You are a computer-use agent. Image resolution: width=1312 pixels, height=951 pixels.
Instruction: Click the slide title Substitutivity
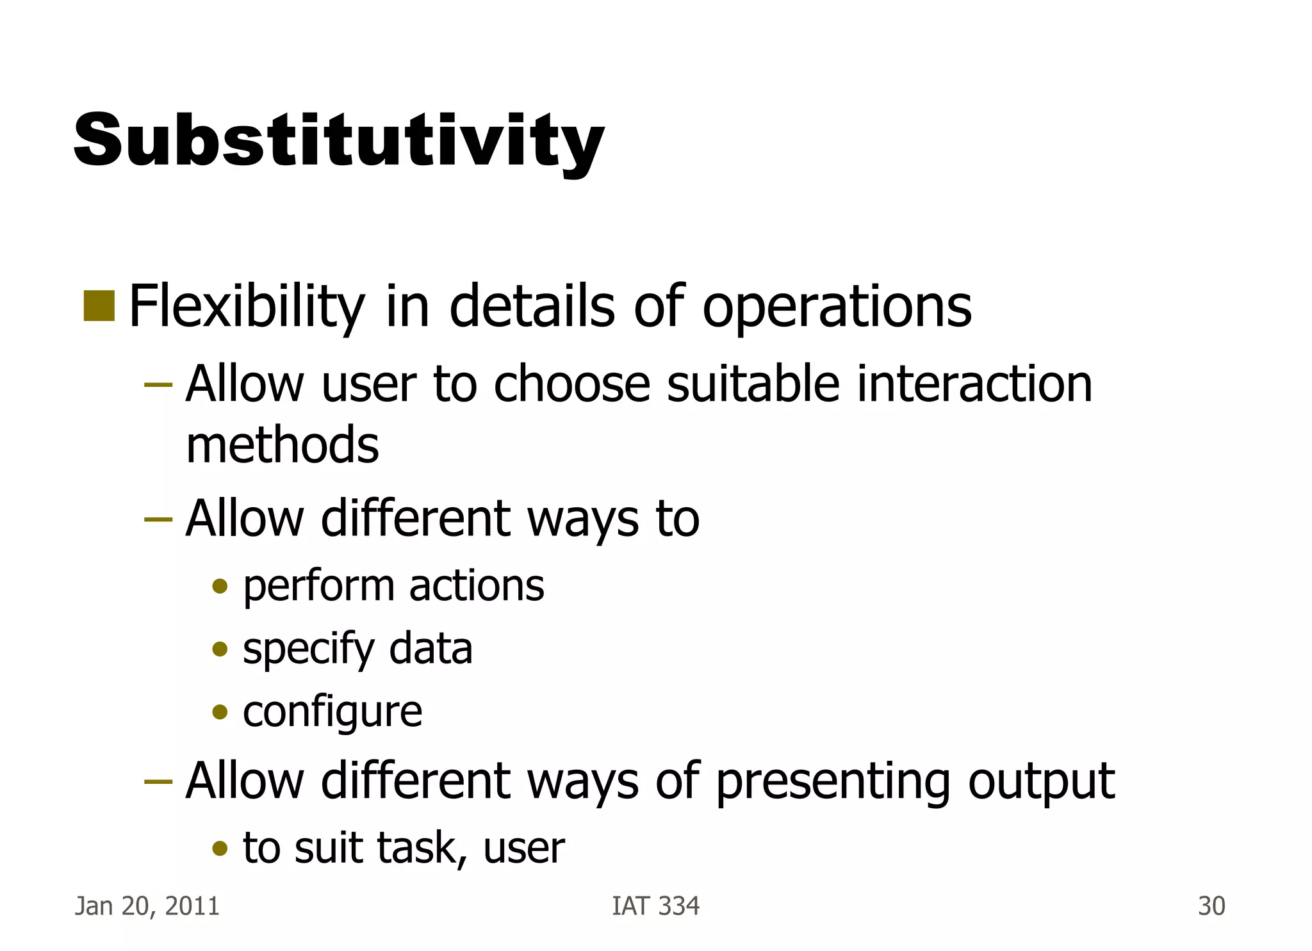[339, 141]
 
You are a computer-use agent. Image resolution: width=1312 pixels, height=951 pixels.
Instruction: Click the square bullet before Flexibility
[99, 305]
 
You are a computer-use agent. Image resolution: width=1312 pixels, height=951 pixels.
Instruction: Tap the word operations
[837, 307]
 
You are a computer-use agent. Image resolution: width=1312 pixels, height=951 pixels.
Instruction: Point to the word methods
[283, 444]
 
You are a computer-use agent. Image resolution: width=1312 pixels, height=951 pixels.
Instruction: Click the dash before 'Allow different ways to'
[158, 518]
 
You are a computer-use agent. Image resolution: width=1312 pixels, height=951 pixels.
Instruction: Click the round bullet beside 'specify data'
[220, 649]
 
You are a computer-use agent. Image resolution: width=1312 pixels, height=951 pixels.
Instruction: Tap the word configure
[332, 712]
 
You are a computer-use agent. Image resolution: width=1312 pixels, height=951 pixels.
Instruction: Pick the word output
[1041, 781]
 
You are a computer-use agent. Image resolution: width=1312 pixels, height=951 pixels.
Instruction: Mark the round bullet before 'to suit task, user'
[220, 849]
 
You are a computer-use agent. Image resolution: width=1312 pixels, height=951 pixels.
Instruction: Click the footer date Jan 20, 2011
[147, 906]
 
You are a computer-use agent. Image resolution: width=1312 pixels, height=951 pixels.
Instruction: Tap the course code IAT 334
[655, 906]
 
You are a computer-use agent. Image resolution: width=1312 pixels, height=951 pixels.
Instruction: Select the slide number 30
[1211, 906]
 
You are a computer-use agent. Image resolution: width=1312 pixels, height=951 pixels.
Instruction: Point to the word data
[430, 649]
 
